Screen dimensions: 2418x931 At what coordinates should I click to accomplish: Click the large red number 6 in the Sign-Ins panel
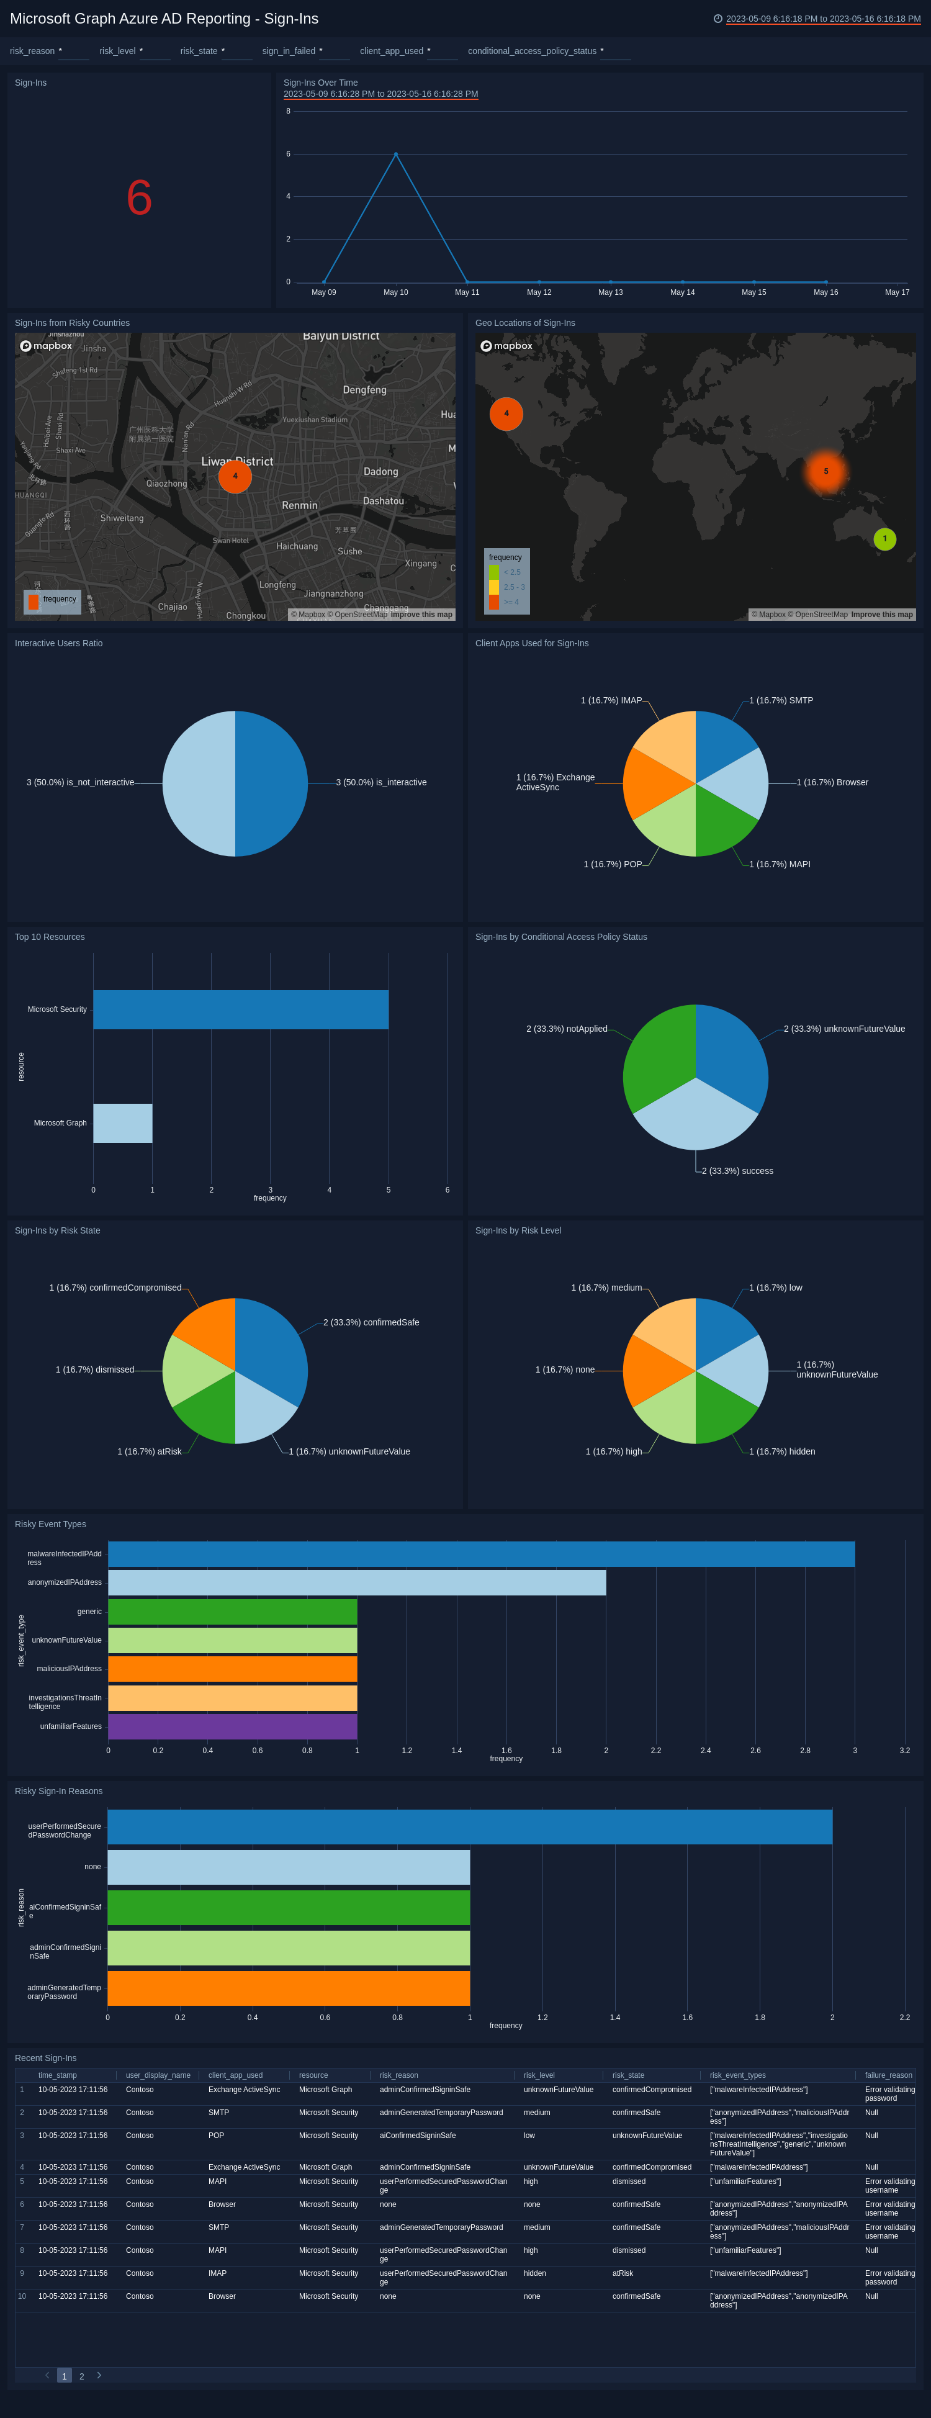click(x=139, y=198)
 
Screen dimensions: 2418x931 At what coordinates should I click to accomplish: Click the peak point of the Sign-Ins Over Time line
click(x=395, y=154)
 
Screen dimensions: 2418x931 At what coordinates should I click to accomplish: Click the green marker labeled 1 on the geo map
click(x=884, y=539)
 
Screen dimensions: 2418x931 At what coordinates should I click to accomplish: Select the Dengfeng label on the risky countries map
click(x=364, y=389)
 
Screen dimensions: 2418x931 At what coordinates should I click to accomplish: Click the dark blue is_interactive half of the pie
click(x=272, y=783)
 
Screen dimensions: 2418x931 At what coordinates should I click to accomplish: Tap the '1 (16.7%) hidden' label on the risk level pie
click(x=782, y=1451)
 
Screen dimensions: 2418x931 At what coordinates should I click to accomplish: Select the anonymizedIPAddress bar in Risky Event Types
click(x=357, y=1582)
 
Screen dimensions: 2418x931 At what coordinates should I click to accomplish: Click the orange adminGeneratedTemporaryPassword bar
click(x=288, y=1988)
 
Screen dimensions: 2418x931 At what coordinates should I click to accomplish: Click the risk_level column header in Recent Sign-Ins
click(x=539, y=2075)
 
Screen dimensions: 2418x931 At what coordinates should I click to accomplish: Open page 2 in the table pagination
click(x=82, y=2376)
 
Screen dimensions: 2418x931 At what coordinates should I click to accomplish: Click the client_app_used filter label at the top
click(x=392, y=52)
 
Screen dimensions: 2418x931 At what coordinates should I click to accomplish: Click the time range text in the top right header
click(x=822, y=19)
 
